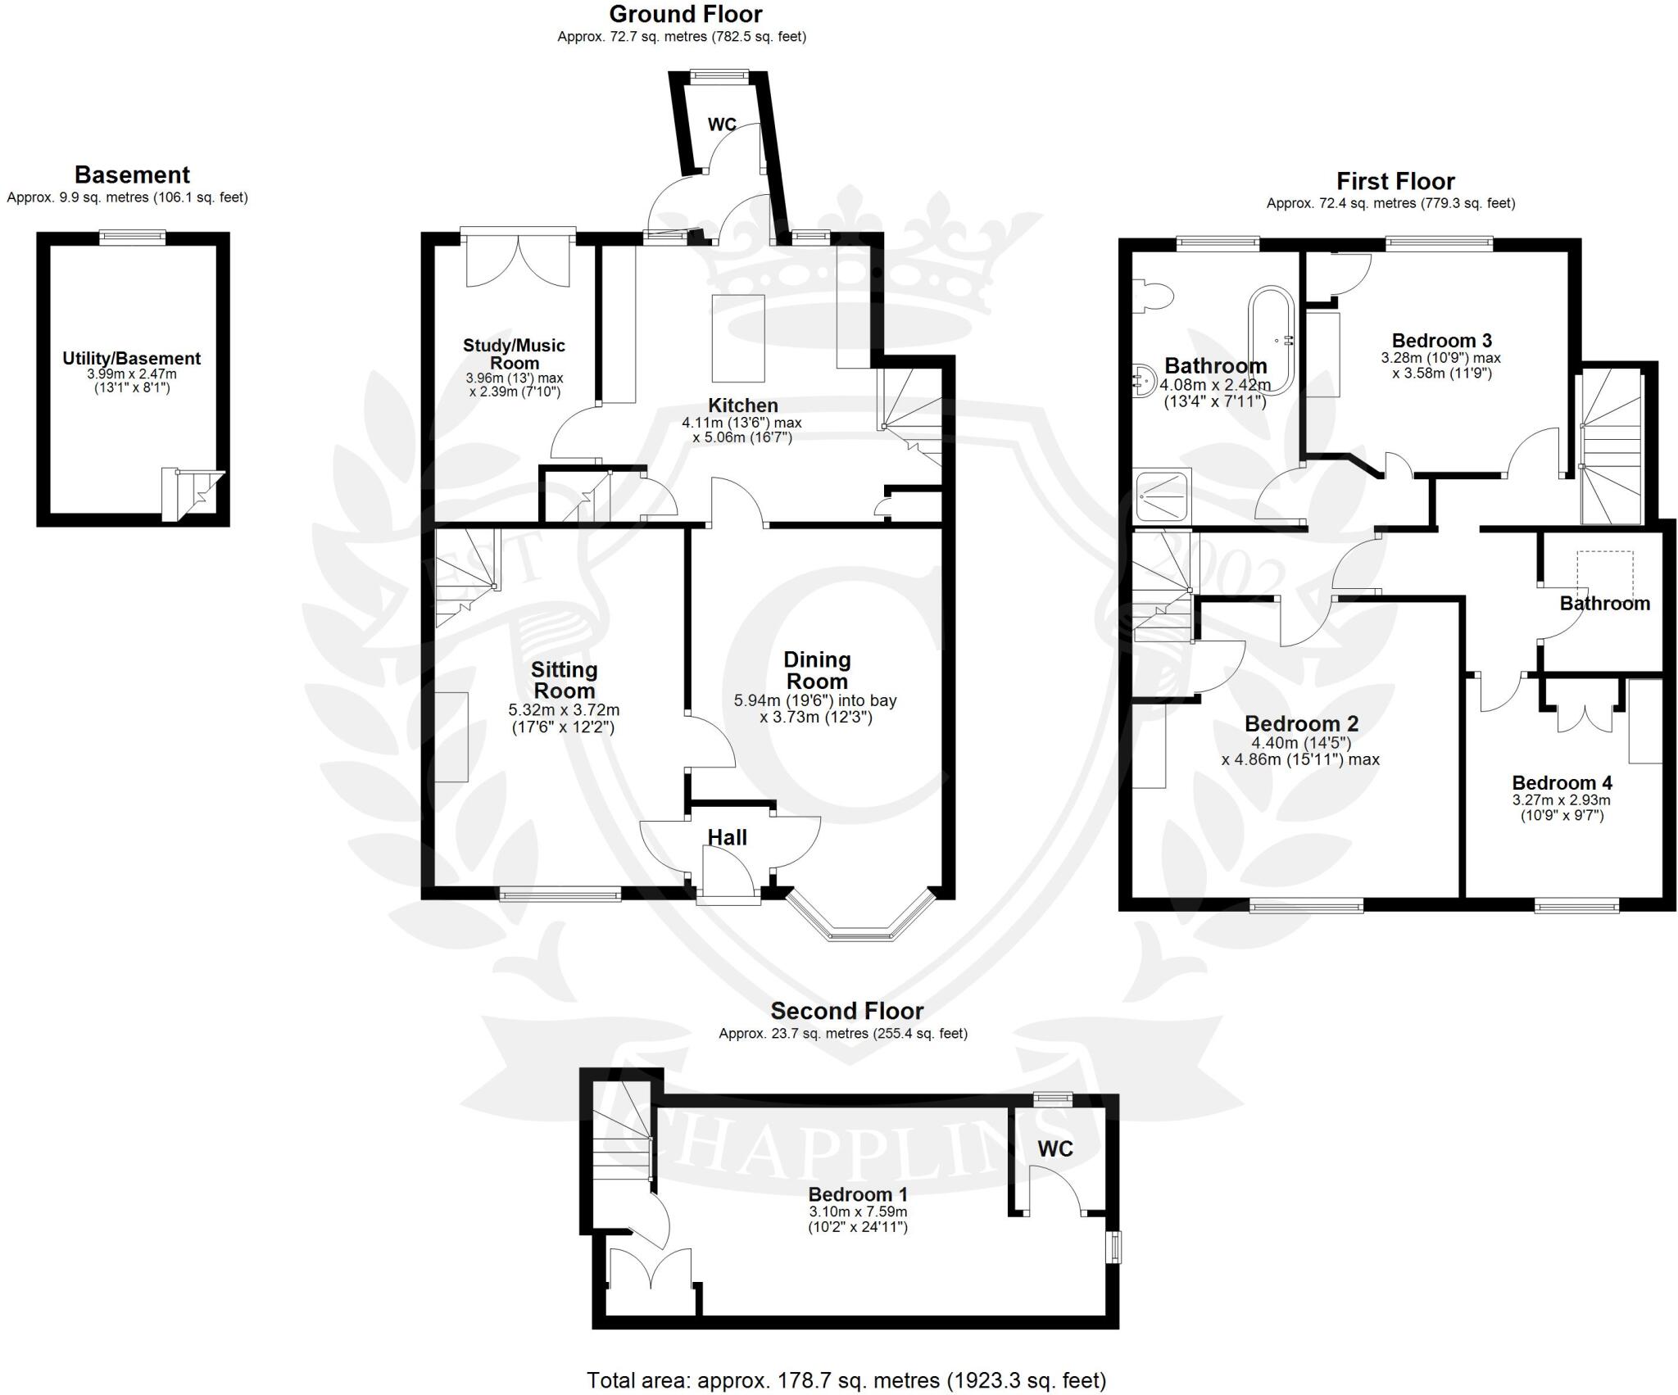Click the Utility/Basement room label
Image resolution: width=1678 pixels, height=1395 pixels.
coord(132,359)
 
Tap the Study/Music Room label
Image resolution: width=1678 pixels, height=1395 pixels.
coord(514,354)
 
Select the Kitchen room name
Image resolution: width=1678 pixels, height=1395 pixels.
coord(742,405)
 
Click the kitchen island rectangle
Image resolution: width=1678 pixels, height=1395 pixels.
coord(738,338)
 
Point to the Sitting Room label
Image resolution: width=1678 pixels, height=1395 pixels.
coord(563,680)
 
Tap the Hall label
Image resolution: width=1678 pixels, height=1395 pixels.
coord(727,837)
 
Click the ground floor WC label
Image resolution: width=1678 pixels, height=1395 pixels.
coord(722,125)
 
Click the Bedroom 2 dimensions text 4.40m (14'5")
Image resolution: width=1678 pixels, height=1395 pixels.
coord(1300,743)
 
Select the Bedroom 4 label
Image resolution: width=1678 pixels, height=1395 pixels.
coord(1555,782)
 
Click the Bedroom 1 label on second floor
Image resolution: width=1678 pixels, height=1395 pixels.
coord(858,1193)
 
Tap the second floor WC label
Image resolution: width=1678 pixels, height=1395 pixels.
coord(1054,1148)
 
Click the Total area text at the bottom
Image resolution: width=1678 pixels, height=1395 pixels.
coord(846,1380)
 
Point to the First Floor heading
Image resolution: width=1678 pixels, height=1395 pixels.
coord(1395,181)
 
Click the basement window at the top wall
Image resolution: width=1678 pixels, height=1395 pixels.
coord(132,238)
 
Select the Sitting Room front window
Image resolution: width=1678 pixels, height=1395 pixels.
coord(560,895)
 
